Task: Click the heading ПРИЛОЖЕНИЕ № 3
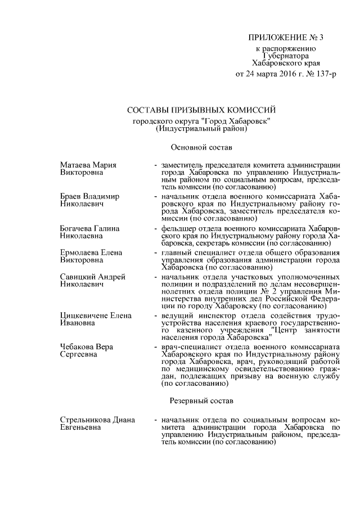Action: click(287, 38)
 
